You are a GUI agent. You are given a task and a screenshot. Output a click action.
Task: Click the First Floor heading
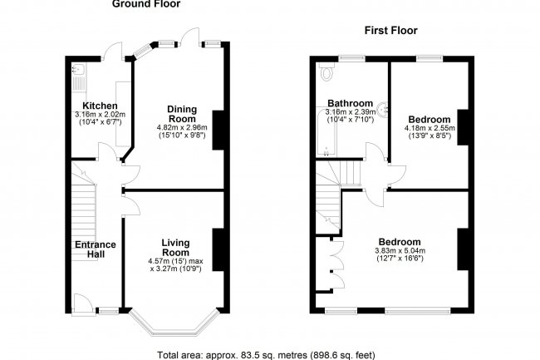coord(390,31)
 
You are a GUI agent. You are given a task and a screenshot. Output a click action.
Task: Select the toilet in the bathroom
coord(325,72)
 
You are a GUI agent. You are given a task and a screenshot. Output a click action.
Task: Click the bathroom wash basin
coord(381,106)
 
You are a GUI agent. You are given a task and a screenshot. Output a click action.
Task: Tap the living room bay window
coord(174,327)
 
